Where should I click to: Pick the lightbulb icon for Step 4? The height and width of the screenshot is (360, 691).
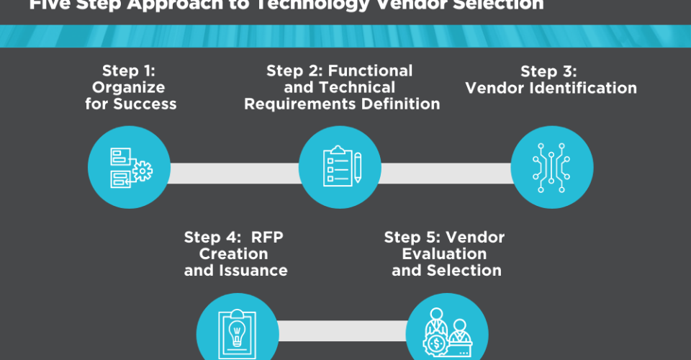[x=238, y=330]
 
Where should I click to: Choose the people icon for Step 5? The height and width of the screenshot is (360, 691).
[x=448, y=330]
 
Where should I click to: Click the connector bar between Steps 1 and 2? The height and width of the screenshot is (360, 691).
[x=235, y=173]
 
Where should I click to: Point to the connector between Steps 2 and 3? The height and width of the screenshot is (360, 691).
[x=446, y=173]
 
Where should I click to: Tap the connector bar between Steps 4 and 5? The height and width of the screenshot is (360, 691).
[x=343, y=330]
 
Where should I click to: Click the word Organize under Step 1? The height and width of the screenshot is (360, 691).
[x=130, y=88]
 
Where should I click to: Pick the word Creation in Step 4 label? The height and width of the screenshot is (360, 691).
[x=233, y=254]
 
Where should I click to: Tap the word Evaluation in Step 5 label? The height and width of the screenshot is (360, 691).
[x=444, y=254]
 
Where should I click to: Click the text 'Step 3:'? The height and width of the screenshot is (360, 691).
[x=549, y=71]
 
